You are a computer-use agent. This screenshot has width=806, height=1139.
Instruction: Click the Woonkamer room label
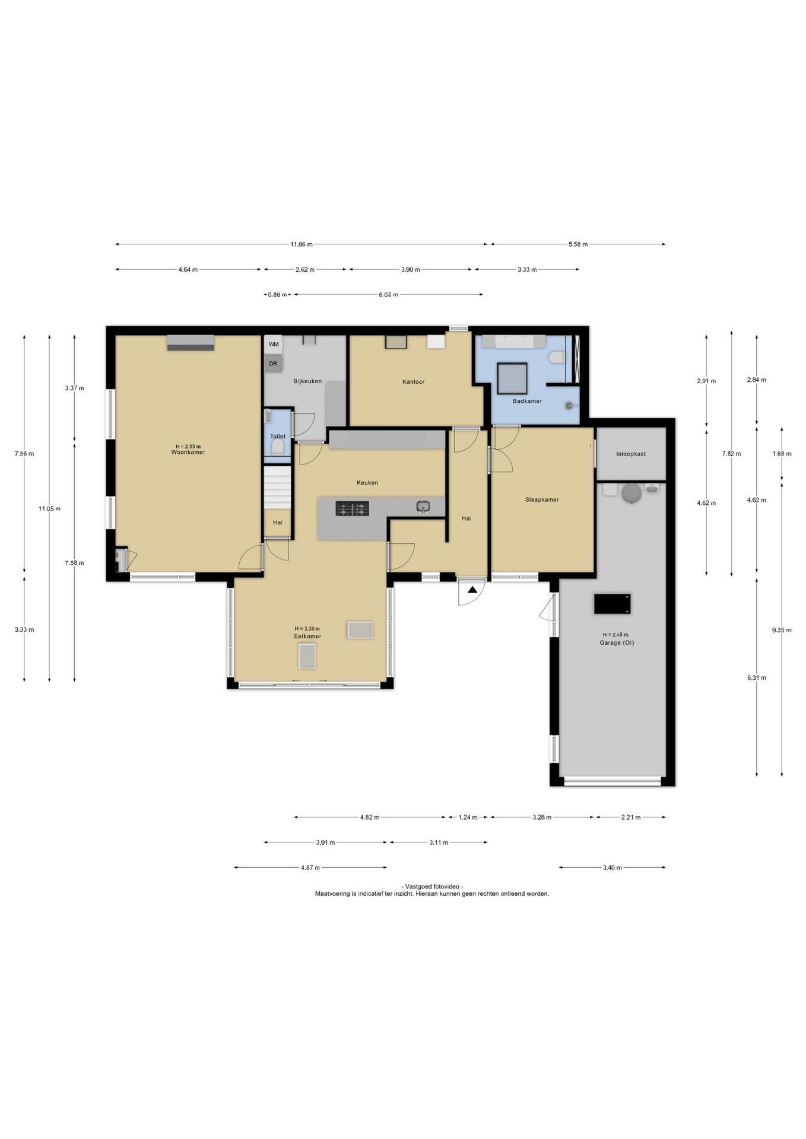point(188,453)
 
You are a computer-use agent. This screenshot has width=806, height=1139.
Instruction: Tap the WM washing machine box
point(273,345)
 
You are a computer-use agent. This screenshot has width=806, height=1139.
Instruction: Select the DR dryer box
point(273,364)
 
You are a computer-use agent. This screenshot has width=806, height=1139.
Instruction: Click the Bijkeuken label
point(307,381)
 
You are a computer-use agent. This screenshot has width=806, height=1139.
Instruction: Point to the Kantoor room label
point(413,382)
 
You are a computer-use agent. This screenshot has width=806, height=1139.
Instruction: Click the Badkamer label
point(527,402)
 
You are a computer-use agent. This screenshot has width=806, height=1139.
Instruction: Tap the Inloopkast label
point(631,454)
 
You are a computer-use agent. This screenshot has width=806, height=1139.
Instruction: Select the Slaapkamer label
point(542,500)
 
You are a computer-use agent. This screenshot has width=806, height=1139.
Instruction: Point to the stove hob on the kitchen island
point(353,508)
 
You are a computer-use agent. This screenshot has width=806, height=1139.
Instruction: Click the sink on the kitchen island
point(423,507)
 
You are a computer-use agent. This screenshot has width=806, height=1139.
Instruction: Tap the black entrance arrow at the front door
point(472,590)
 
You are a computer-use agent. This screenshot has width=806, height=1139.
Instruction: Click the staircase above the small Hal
point(278,487)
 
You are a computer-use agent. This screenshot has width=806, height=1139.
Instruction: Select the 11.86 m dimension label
point(302,244)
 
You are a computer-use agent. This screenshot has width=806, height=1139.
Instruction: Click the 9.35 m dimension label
point(781,631)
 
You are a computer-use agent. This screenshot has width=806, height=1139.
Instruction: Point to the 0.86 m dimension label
point(277,294)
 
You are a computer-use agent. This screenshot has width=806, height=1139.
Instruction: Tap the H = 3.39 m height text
point(307,629)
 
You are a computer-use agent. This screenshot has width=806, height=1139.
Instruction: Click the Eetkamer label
point(307,637)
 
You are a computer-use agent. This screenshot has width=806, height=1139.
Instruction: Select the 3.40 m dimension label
point(612,868)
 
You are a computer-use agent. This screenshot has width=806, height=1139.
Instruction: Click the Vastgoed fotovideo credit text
point(432,886)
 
